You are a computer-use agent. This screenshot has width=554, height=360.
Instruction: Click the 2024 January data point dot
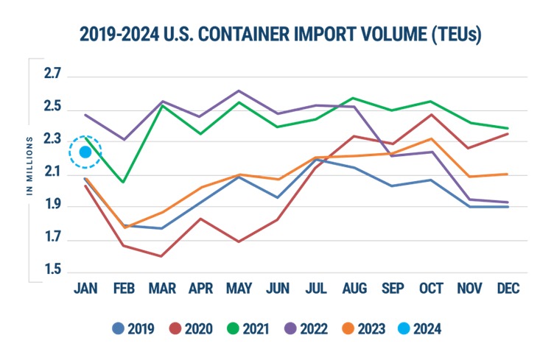[85, 152]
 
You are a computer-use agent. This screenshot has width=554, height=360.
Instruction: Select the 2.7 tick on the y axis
[52, 77]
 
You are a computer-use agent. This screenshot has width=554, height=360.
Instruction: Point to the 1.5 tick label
[52, 272]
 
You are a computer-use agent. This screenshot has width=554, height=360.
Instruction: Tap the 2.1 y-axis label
[52, 174]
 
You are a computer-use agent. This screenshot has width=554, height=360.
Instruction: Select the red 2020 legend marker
[175, 328]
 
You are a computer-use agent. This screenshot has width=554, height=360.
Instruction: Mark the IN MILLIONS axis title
[30, 165]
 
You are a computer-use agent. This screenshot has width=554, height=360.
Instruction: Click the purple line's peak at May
[238, 91]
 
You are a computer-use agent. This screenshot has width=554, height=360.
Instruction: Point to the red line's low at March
[161, 256]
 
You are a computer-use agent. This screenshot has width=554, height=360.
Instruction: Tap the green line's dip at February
[123, 182]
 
